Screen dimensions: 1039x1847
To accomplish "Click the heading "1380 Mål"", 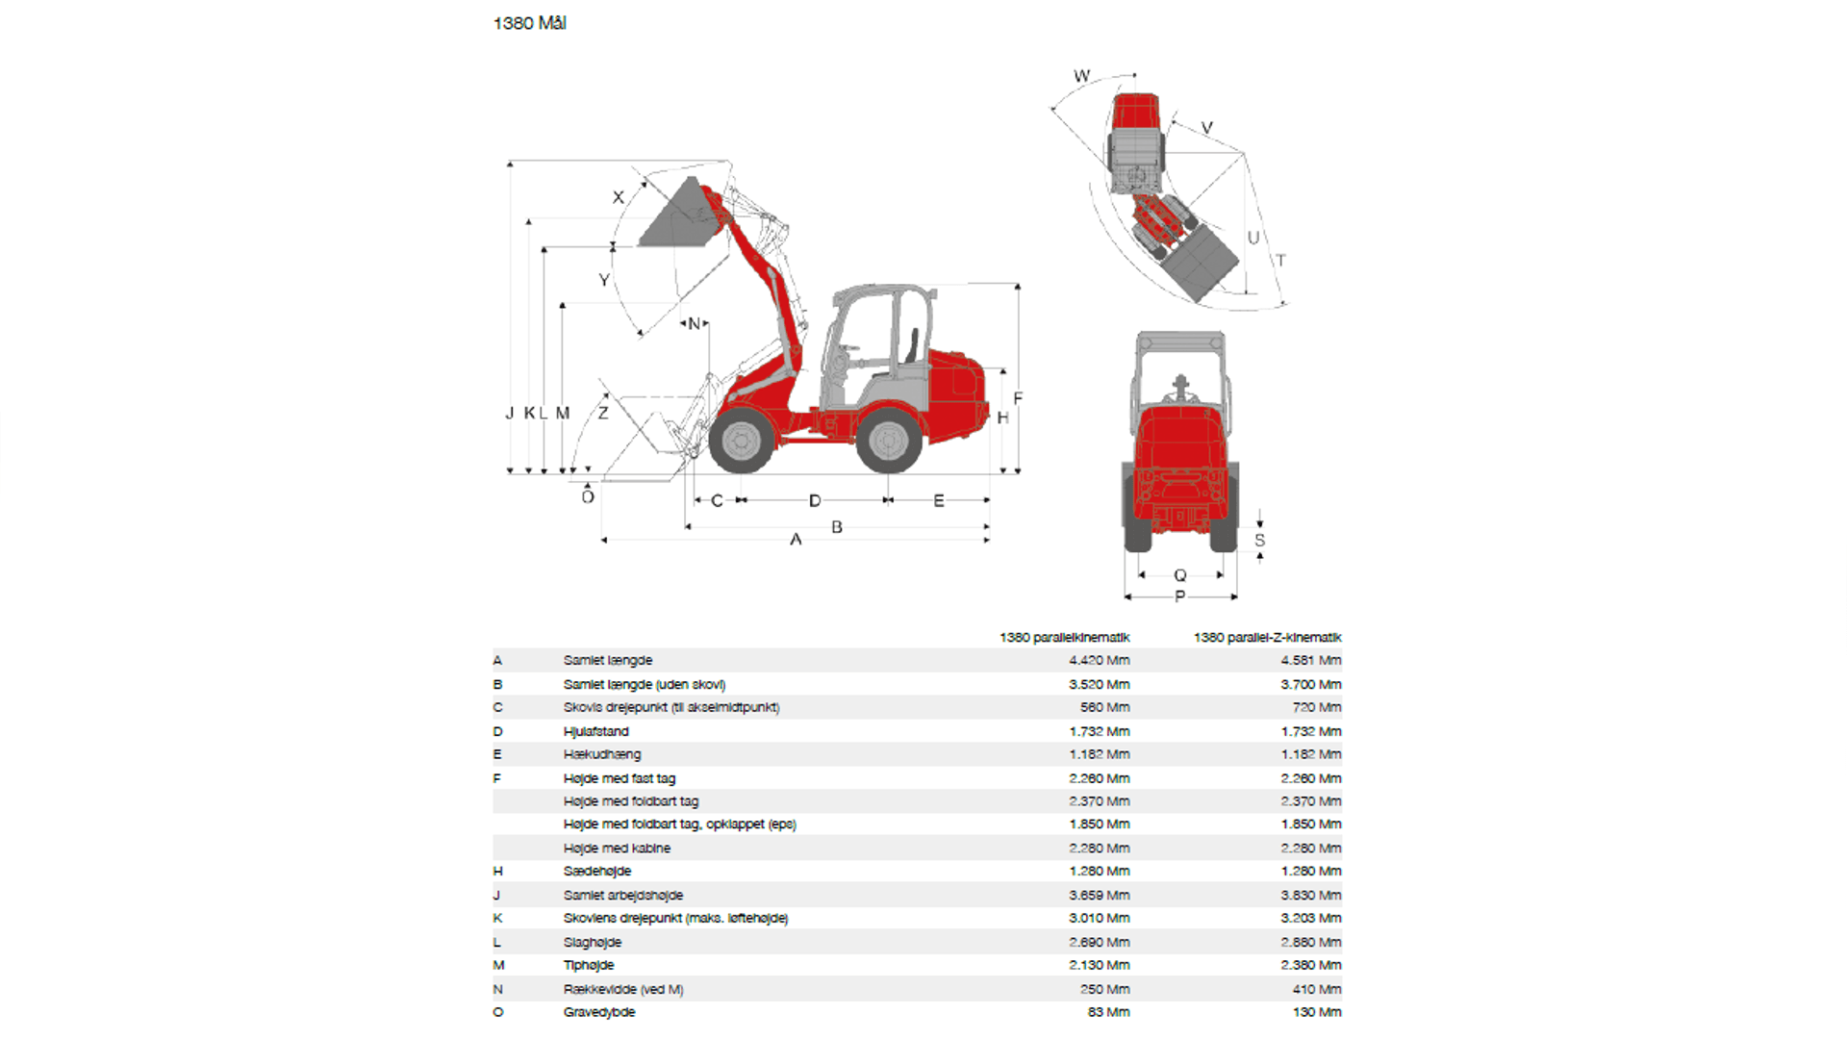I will [x=529, y=23].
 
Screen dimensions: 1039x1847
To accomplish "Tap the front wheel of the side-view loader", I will [x=741, y=441].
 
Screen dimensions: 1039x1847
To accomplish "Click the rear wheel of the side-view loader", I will [x=888, y=441].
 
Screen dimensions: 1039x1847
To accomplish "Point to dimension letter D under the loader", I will [x=815, y=501].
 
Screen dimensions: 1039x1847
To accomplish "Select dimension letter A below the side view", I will [x=796, y=540].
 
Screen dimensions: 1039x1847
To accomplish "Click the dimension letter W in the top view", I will [x=1081, y=76].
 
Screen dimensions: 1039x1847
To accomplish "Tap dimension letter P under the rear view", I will [x=1180, y=596].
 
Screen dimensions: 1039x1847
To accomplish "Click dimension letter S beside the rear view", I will [x=1259, y=541].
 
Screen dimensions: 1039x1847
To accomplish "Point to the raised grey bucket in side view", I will [x=678, y=216].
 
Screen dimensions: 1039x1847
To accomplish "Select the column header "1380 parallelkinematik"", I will [x=1064, y=638].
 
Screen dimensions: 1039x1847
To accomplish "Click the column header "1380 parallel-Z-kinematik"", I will [x=1267, y=638].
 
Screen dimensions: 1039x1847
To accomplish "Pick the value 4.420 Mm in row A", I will [x=1099, y=661].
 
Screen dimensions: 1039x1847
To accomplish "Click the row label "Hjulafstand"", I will [x=595, y=732].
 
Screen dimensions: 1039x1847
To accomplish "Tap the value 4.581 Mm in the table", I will [x=1310, y=661].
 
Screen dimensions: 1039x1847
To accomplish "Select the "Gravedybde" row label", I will [x=599, y=1012].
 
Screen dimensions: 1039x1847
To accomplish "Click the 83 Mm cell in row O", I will [x=1108, y=1012].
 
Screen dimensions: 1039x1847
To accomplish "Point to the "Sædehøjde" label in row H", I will [x=597, y=872].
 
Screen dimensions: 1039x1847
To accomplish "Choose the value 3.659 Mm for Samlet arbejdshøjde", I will [x=1099, y=896].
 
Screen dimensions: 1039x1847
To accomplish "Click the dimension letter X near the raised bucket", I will [x=619, y=197].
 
